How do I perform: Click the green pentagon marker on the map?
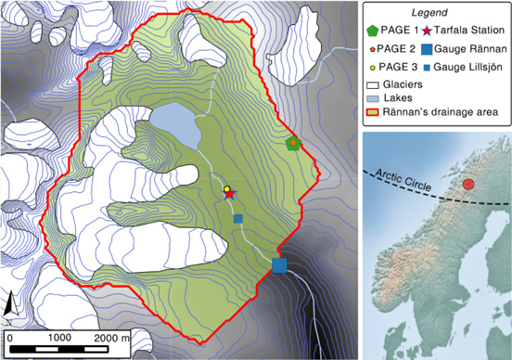[294, 143]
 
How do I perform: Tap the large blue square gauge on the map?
[279, 265]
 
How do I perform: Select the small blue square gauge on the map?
[238, 219]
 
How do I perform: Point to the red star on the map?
[229, 194]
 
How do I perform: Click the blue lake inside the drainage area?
[175, 124]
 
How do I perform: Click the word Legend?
[436, 10]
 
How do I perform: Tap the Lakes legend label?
[399, 97]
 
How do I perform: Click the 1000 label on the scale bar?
[60, 337]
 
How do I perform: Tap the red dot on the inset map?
[469, 184]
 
